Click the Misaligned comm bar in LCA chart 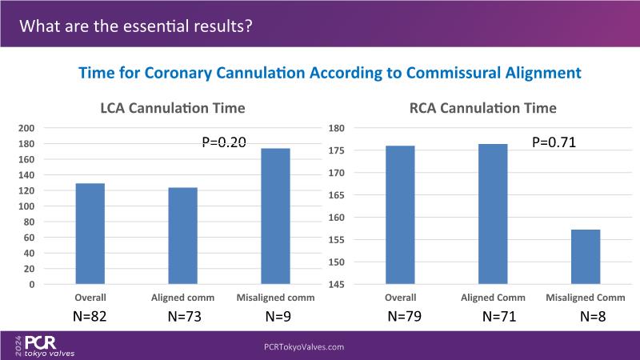(x=274, y=216)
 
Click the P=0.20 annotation (x=223, y=142)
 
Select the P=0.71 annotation (x=554, y=143)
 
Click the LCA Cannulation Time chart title (x=172, y=108)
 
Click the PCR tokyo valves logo (x=49, y=345)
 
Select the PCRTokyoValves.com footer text (x=304, y=347)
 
